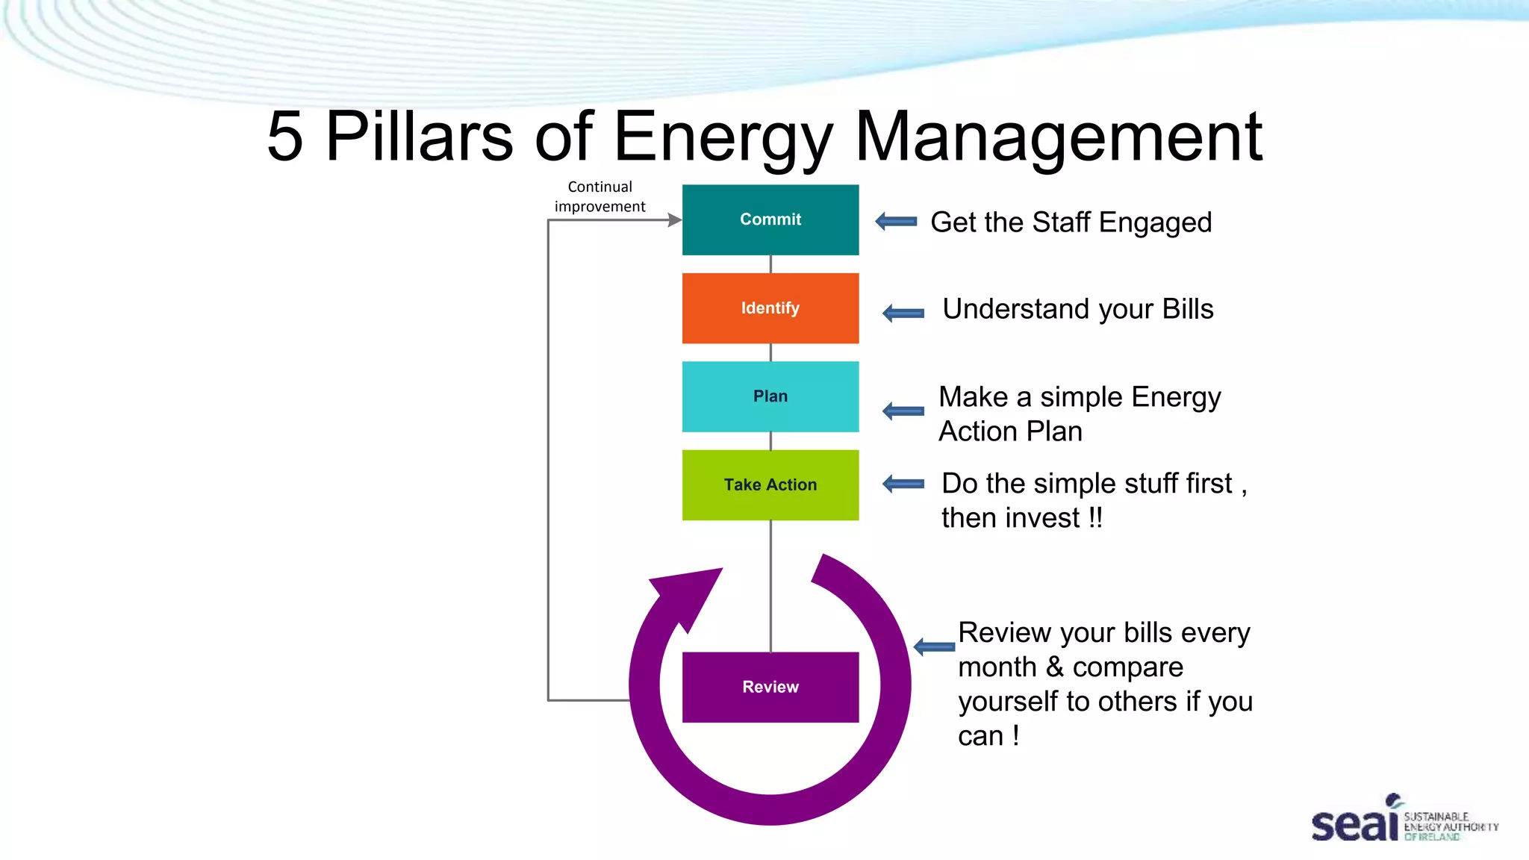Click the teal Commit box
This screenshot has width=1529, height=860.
click(x=770, y=219)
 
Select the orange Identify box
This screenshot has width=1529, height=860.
click(x=770, y=308)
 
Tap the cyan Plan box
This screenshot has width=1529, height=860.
click(x=770, y=396)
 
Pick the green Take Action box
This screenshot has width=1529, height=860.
click(x=770, y=484)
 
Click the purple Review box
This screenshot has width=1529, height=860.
click(x=770, y=687)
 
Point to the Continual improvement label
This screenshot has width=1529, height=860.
click(x=600, y=196)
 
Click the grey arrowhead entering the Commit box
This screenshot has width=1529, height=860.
click(x=674, y=219)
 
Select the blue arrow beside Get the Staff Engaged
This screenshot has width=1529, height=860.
click(x=896, y=221)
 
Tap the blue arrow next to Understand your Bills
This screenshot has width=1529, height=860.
click(x=903, y=313)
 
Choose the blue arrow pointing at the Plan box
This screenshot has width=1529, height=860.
click(x=903, y=411)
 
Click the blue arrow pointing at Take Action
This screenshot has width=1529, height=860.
click(x=903, y=484)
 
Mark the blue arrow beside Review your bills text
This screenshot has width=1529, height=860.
click(x=934, y=646)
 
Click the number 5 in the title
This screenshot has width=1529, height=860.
click(x=285, y=137)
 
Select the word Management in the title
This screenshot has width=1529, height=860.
click(x=1058, y=137)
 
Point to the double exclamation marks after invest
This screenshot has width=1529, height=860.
click(x=1094, y=517)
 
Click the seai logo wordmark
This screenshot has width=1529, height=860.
click(x=1354, y=824)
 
